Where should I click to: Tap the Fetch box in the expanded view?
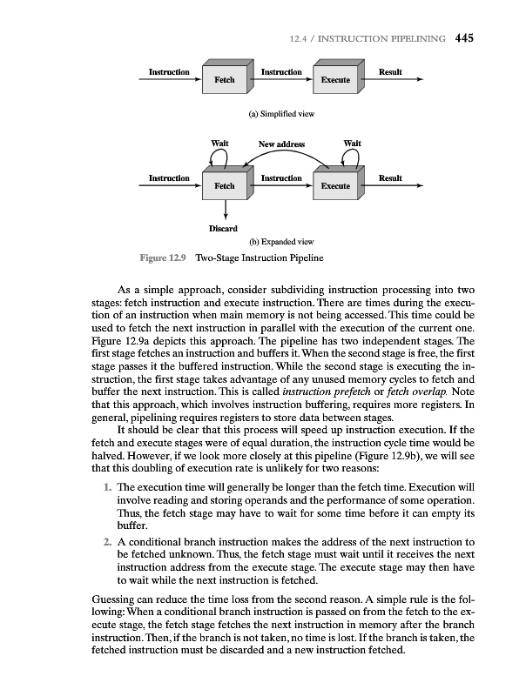click(225, 185)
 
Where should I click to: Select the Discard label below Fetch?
click(225, 229)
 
